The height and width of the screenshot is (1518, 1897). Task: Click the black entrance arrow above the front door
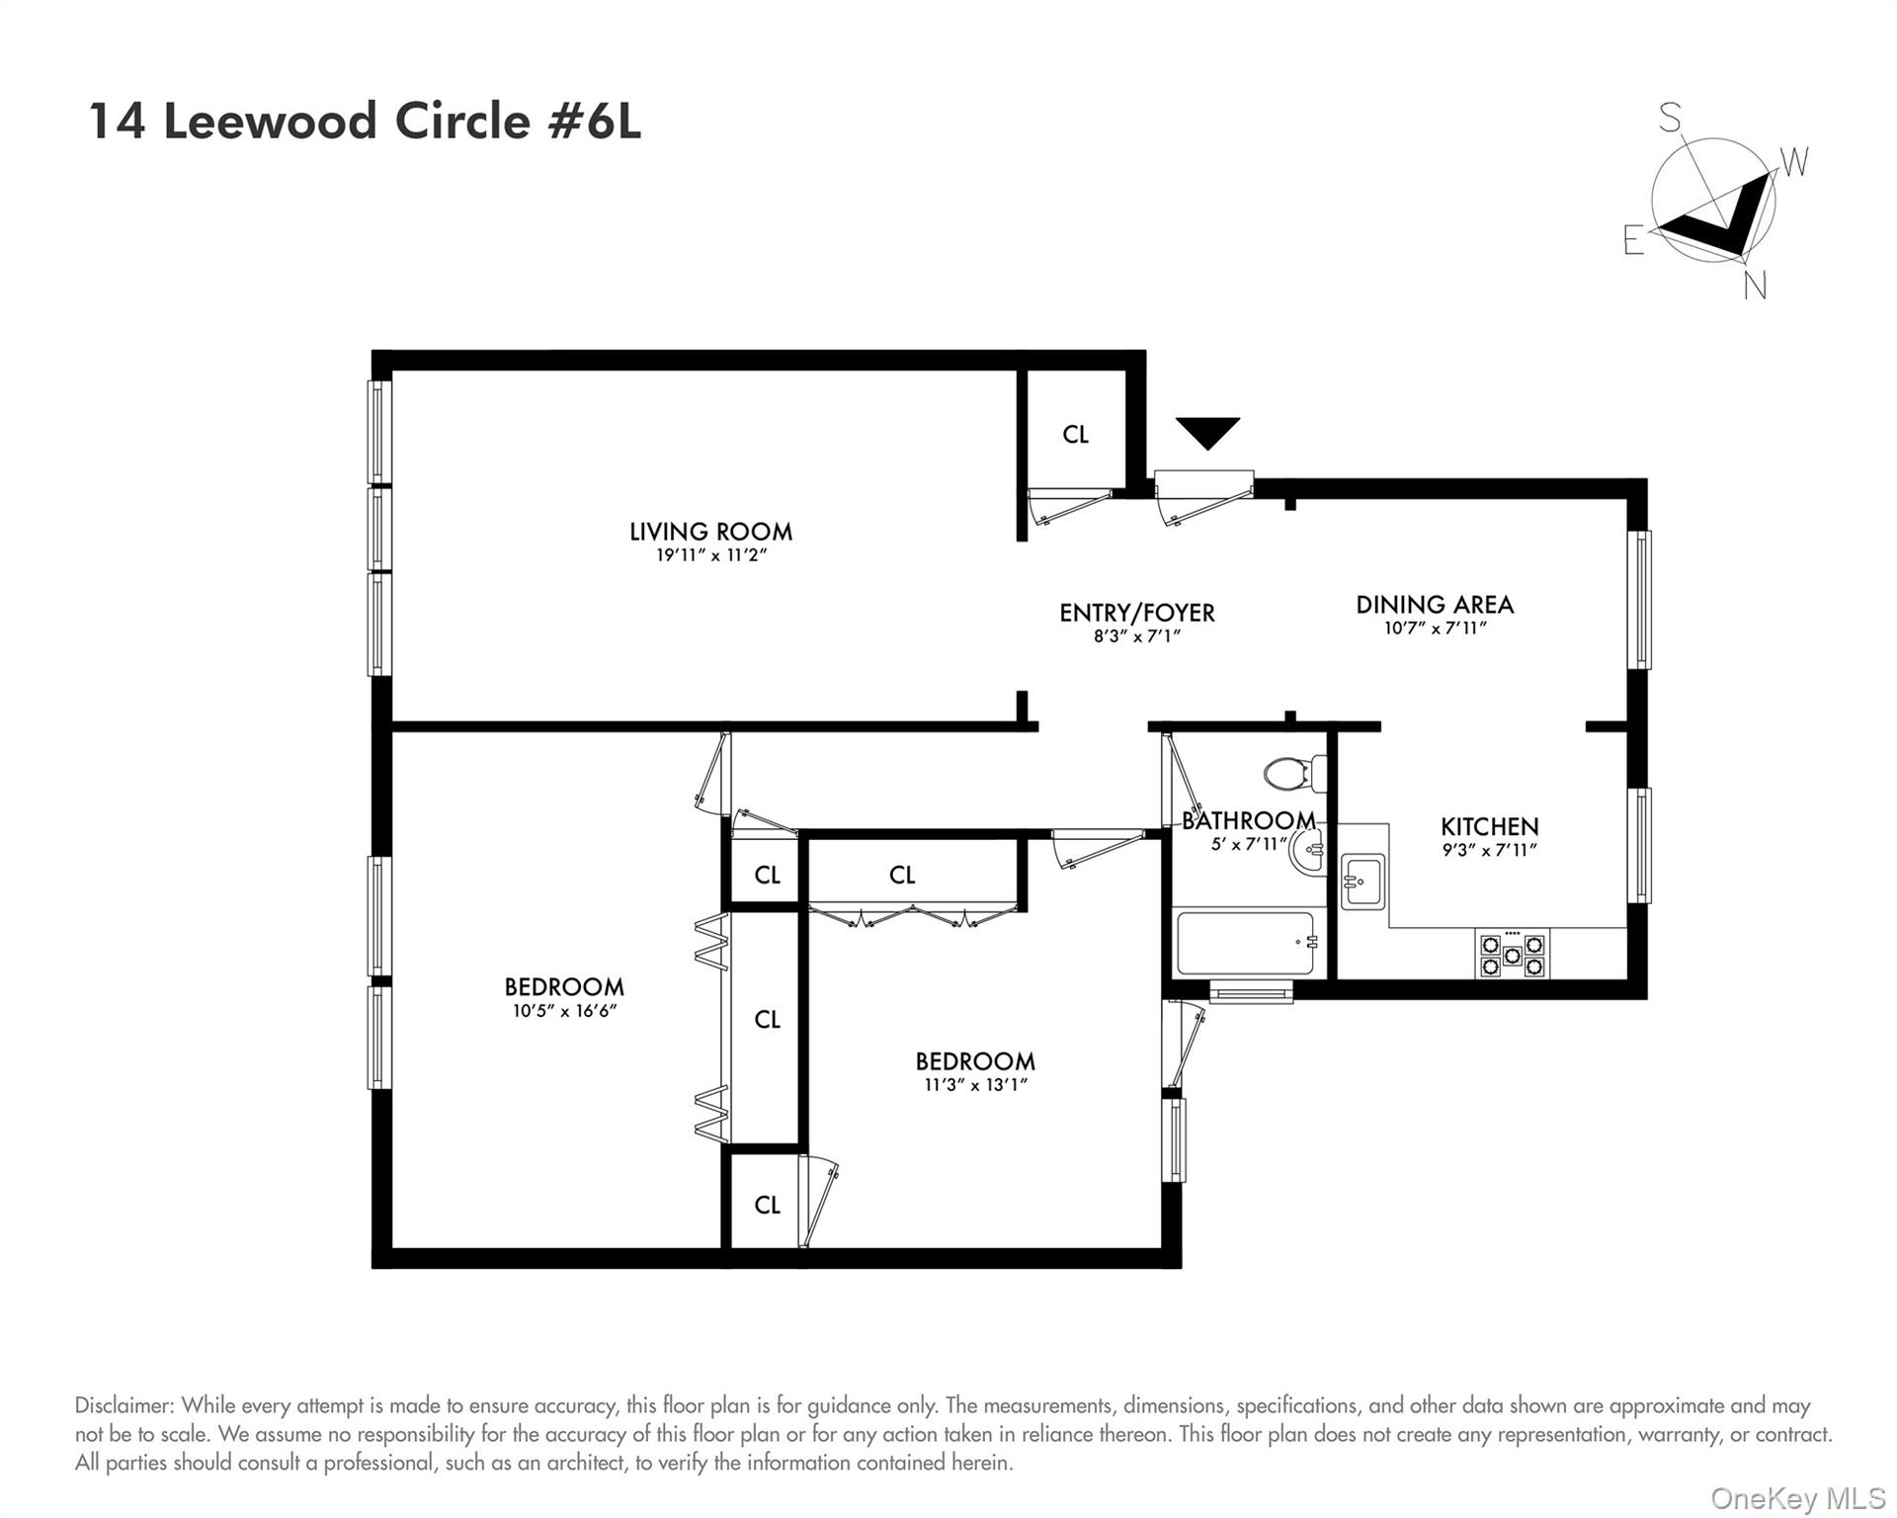pyautogui.click(x=1206, y=432)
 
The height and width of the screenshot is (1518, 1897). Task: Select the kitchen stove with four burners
pyautogui.click(x=1512, y=954)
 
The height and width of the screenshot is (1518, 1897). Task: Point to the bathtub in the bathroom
pyautogui.click(x=1247, y=943)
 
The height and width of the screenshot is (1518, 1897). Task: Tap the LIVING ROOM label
pyautogui.click(x=710, y=532)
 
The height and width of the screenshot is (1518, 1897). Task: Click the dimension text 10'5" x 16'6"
pyautogui.click(x=564, y=1011)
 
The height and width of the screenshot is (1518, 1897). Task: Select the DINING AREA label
pyautogui.click(x=1434, y=605)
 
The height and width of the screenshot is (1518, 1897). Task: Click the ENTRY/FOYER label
pyautogui.click(x=1136, y=613)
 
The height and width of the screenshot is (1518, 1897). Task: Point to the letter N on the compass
pyautogui.click(x=1755, y=286)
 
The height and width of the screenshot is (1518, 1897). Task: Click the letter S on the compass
pyautogui.click(x=1669, y=119)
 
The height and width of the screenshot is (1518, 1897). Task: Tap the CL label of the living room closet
pyautogui.click(x=1075, y=435)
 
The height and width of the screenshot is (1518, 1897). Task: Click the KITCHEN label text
pyautogui.click(x=1489, y=826)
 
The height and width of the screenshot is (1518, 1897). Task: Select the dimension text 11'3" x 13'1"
pyautogui.click(x=974, y=1085)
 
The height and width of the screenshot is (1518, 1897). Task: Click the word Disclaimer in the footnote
pyautogui.click(x=124, y=1405)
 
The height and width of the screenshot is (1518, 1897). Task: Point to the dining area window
pyautogui.click(x=1638, y=600)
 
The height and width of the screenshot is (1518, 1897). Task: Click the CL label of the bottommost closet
pyautogui.click(x=767, y=1205)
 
